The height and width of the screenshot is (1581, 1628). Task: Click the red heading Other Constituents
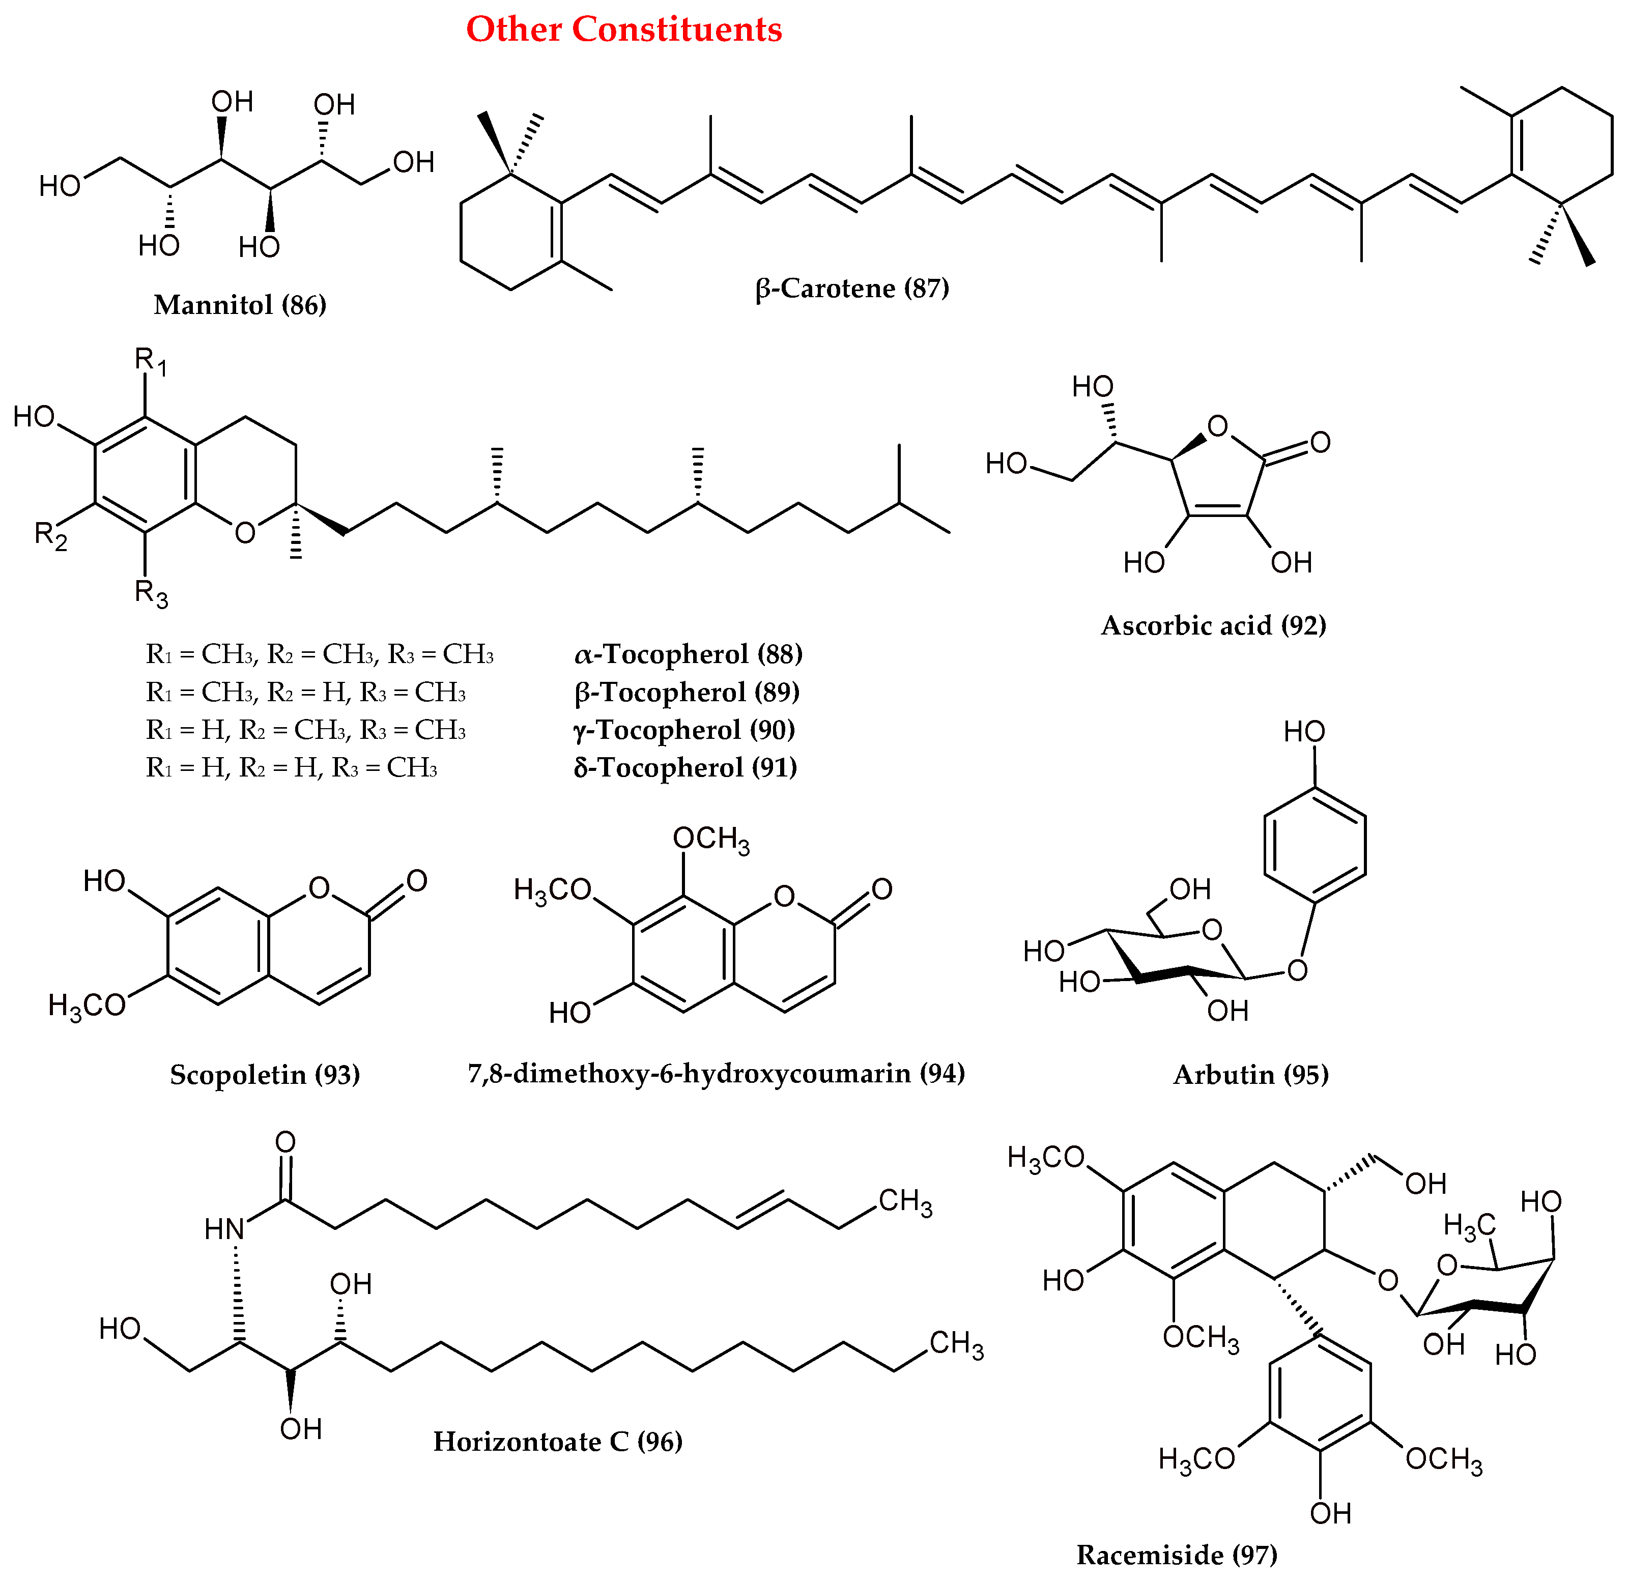[x=624, y=30]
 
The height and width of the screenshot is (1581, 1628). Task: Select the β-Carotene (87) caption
[x=852, y=288]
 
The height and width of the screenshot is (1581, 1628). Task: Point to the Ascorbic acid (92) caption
[x=1214, y=625]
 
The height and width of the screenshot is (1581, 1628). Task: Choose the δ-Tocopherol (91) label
[x=686, y=767]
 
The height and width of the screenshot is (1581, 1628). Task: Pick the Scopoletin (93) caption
[x=265, y=1075]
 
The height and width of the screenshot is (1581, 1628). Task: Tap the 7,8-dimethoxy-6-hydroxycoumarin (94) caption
[x=716, y=1074]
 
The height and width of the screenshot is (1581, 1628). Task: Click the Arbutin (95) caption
[x=1251, y=1075]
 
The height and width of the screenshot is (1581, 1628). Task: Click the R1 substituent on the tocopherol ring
[x=150, y=361]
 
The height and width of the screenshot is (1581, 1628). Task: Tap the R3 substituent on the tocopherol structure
[x=151, y=594]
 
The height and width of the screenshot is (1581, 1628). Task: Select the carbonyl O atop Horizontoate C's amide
[x=285, y=1142]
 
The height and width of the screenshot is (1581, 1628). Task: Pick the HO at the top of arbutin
[x=1304, y=732]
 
